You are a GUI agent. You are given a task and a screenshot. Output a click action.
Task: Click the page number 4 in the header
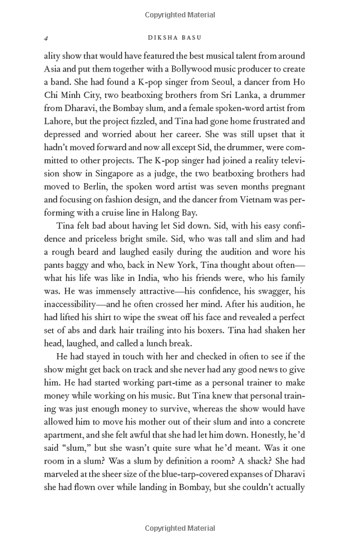[46, 37]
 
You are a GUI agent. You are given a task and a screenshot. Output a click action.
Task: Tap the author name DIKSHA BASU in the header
[179, 37]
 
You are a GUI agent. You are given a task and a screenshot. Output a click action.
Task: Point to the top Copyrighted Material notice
[179, 13]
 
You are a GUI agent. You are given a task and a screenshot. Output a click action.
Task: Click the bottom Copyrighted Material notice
[179, 528]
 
